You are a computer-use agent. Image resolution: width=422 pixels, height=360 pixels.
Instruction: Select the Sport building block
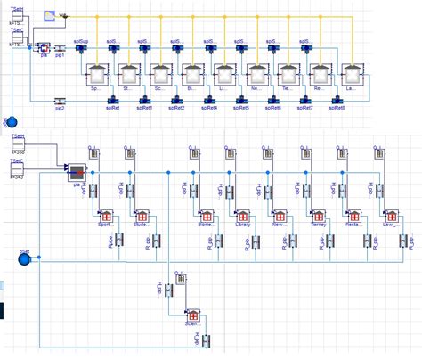(x=104, y=217)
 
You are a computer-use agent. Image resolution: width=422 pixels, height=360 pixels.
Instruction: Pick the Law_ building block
(x=388, y=217)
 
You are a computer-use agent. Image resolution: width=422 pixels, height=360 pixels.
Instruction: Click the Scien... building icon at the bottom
(x=191, y=313)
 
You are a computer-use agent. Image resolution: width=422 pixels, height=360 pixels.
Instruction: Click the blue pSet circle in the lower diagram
(x=25, y=258)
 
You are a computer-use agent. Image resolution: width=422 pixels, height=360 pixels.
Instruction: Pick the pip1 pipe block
(x=59, y=51)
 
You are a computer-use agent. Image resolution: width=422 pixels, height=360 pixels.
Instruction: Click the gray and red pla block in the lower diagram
(x=77, y=173)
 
